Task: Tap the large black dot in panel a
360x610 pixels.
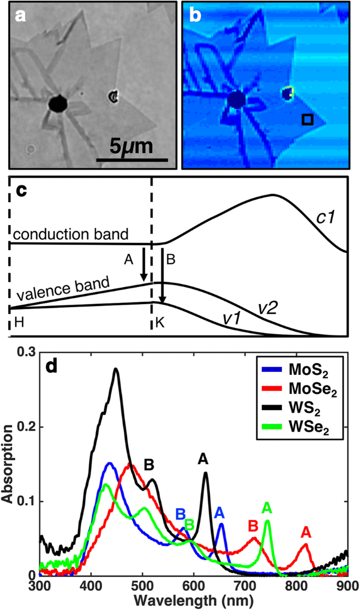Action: tap(57, 104)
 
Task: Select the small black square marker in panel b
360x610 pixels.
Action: tap(307, 120)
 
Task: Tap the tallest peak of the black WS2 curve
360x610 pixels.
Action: tap(116, 369)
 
